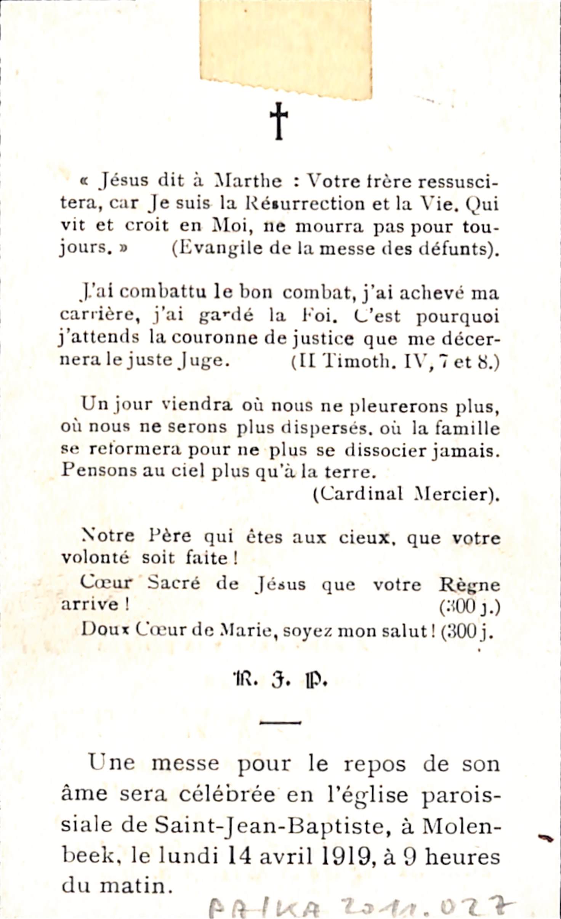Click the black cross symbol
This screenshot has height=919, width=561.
click(279, 121)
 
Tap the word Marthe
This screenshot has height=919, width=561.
click(248, 181)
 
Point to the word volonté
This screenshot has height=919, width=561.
click(95, 558)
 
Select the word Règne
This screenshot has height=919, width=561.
click(469, 584)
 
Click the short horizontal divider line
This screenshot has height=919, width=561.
click(280, 722)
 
